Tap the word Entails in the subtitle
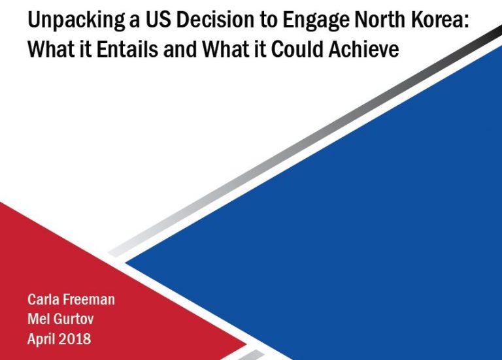pyautogui.click(x=127, y=49)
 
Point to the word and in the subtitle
pyautogui.click(x=180, y=49)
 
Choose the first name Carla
pyautogui.click(x=42, y=299)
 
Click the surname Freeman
pyautogui.click(x=88, y=299)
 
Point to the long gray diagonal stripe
pyautogui.click(x=305, y=141)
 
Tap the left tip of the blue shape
pyautogui.click(x=125, y=263)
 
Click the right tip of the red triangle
pyautogui.click(x=247, y=344)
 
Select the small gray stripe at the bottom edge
pyautogui.click(x=251, y=355)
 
